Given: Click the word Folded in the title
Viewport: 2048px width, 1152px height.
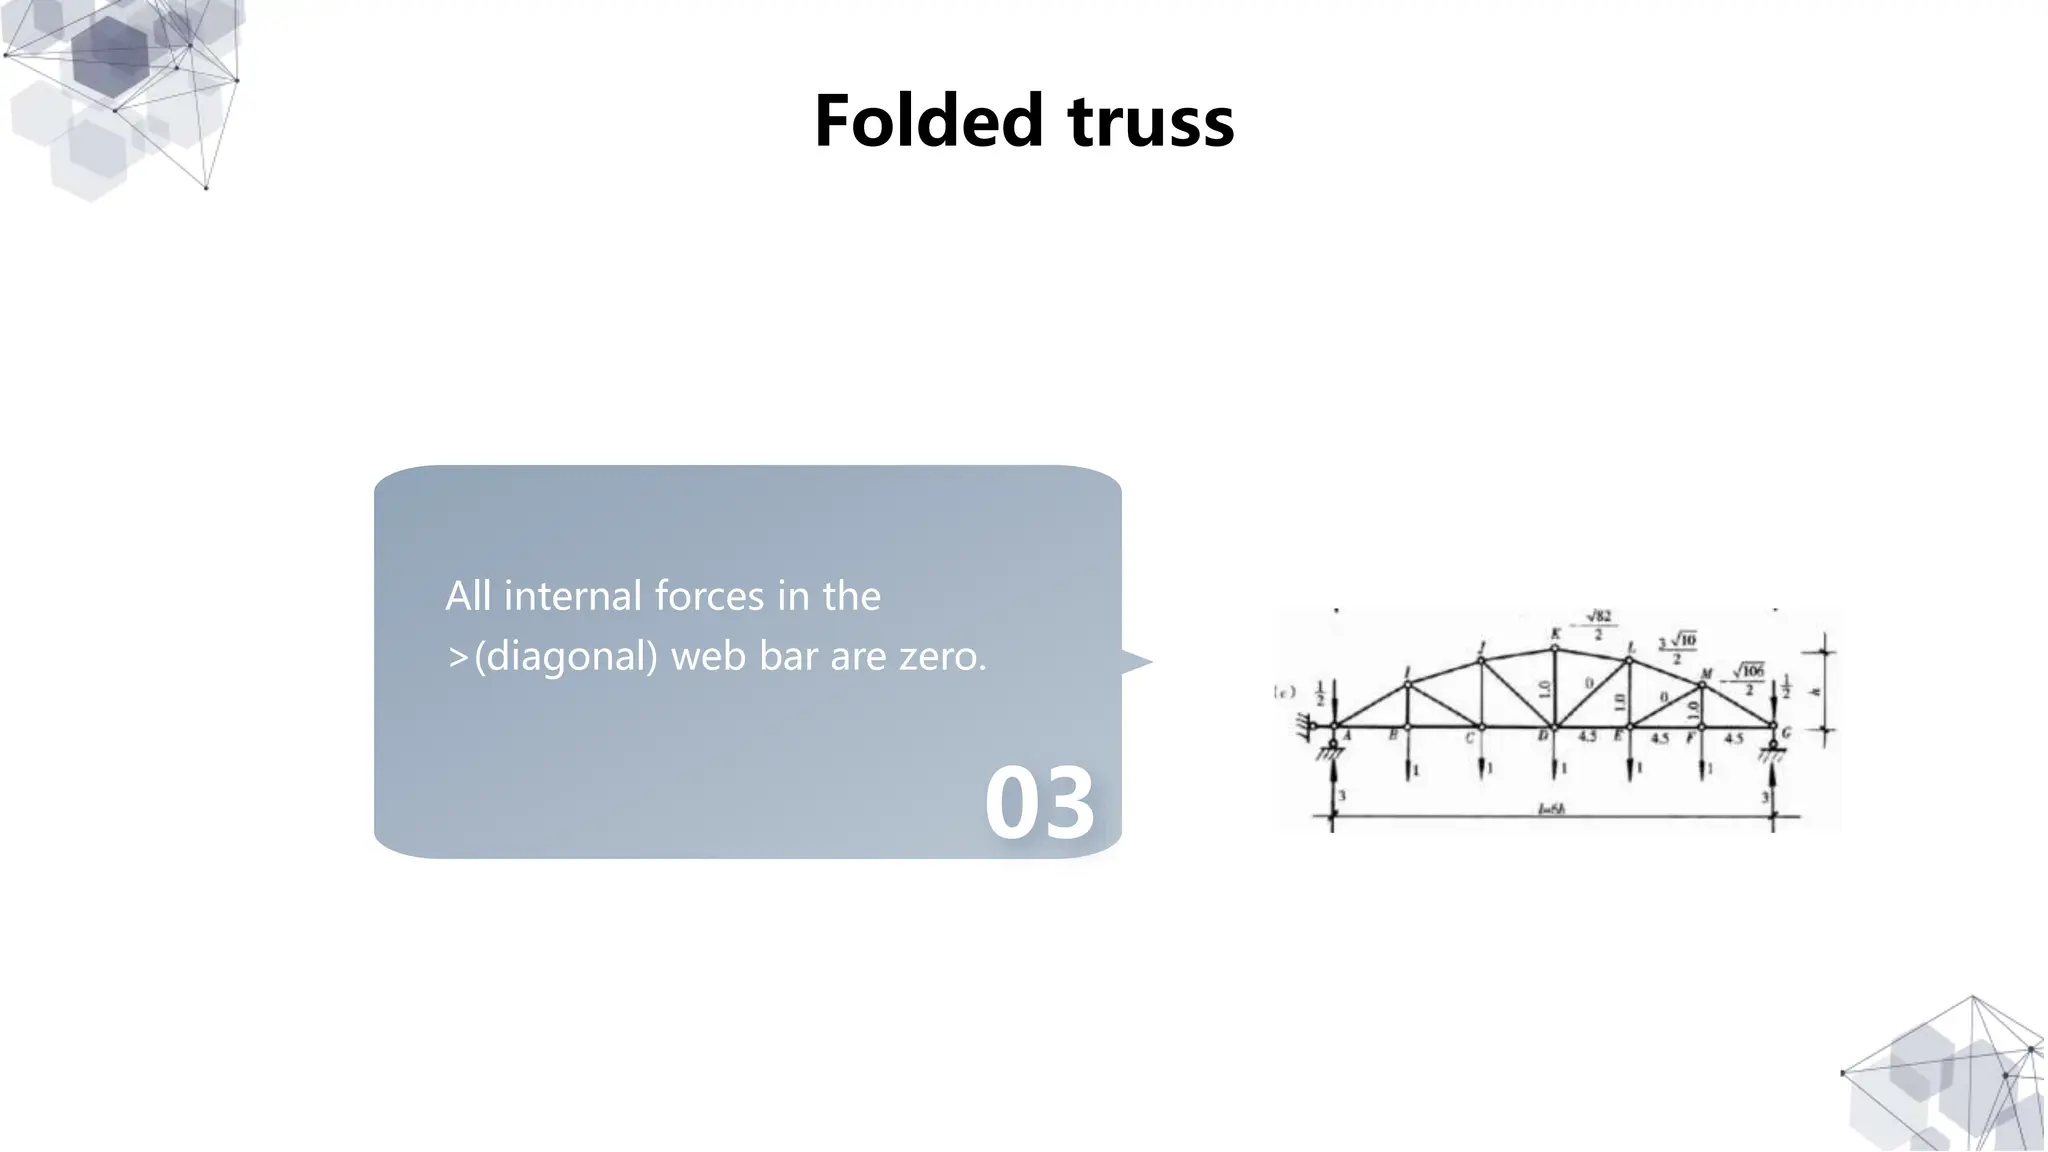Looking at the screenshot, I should tap(929, 121).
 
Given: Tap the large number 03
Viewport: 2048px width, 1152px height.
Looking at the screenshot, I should tap(1040, 803).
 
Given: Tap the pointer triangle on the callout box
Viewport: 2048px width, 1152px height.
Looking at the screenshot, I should tap(1136, 661).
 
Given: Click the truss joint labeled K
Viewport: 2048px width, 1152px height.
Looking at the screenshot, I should tap(1555, 648).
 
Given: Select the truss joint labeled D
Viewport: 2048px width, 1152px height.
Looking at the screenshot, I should tap(1555, 727).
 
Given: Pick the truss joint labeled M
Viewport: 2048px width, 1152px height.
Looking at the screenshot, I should tap(1701, 685).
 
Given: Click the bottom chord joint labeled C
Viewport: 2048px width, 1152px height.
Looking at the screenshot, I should tap(1481, 727).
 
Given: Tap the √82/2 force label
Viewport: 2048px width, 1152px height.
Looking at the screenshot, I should tap(1598, 625).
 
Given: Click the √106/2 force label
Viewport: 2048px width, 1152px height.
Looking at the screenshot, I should tap(1748, 678).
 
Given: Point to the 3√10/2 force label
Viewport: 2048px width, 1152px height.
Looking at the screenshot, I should tap(1677, 647).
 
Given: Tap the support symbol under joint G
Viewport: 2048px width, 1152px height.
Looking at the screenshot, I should tap(1773, 752).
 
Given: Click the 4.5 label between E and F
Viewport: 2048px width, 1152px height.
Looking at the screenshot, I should tap(1660, 739).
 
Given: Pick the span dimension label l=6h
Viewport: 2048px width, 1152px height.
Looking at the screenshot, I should tap(1551, 810).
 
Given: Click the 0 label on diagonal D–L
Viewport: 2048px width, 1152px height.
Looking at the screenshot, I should tap(1589, 683).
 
